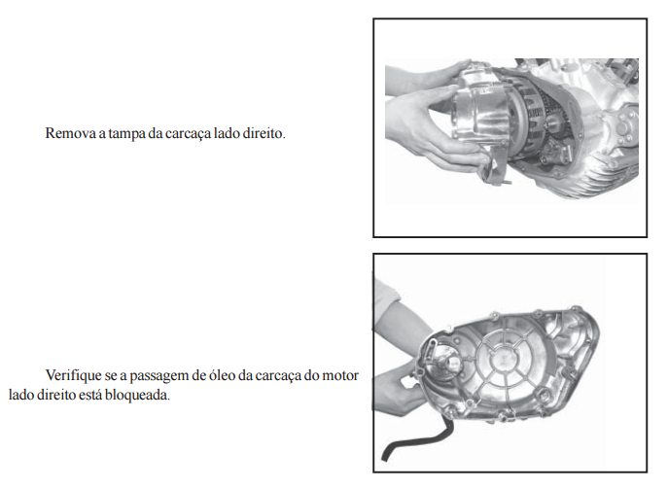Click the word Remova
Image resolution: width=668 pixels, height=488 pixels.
[70, 133]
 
